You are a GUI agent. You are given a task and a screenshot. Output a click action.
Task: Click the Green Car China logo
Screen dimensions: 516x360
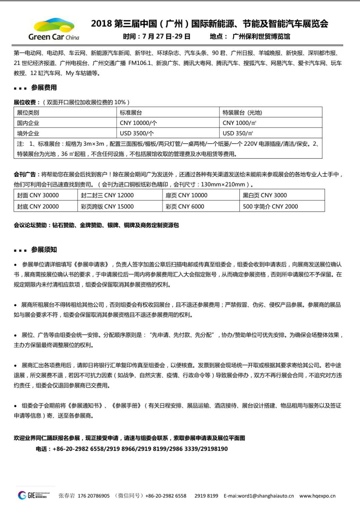pos(54,29)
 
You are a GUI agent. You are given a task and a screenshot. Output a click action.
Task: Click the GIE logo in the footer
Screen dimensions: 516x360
pos(34,495)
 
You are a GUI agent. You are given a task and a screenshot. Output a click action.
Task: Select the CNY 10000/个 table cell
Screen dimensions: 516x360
pos(138,123)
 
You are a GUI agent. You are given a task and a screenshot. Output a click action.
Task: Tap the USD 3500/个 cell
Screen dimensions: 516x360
pos(137,133)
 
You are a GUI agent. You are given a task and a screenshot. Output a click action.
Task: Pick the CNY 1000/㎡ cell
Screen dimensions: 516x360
pos(239,123)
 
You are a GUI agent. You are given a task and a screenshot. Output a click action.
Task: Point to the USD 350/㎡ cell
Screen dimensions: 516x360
pos(238,133)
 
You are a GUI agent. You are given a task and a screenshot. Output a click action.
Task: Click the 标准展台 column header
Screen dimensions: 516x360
pos(131,113)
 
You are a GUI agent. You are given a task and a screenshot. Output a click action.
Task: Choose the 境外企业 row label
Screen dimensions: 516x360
pos(28,133)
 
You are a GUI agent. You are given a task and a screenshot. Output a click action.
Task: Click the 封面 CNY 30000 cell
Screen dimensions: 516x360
pos(38,195)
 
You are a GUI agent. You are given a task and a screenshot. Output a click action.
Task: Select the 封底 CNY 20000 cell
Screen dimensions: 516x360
pos(38,207)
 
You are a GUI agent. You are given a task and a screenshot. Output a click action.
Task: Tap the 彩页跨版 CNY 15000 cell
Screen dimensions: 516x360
pos(107,207)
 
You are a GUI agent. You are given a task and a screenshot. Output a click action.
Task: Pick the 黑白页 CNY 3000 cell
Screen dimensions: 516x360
pos(265,195)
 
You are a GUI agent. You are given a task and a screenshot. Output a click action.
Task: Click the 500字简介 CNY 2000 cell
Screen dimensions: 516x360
pos(270,207)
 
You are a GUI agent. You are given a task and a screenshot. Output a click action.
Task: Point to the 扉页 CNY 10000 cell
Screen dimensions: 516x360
pos(186,195)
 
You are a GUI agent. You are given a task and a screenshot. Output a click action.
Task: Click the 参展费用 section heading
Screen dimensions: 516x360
pos(44,88)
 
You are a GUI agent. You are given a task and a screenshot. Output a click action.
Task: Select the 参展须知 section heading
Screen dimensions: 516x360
pos(44,250)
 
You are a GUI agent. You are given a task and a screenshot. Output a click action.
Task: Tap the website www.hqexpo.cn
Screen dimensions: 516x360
pos(317,496)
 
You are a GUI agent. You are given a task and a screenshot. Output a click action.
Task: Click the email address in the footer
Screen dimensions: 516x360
pos(259,496)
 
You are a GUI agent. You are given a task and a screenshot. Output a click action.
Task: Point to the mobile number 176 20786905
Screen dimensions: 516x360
pos(93,496)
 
